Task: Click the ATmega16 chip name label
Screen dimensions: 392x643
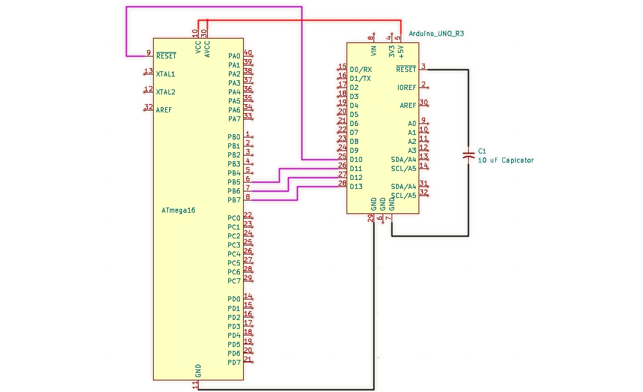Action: pyautogui.click(x=178, y=210)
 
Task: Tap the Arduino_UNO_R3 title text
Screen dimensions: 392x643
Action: pyautogui.click(x=436, y=33)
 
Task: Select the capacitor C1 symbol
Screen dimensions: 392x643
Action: pyautogui.click(x=469, y=154)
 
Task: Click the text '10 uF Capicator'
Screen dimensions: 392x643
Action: pyautogui.click(x=505, y=160)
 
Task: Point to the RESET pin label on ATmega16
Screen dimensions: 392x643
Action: pyautogui.click(x=166, y=56)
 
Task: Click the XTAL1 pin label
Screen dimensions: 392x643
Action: pyautogui.click(x=165, y=74)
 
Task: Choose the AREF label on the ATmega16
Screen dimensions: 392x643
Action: pyautogui.click(x=164, y=110)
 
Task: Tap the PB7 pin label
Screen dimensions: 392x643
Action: pyautogui.click(x=234, y=200)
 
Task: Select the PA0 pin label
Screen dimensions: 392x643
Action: pyautogui.click(x=234, y=56)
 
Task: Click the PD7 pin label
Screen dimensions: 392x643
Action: pyautogui.click(x=234, y=362)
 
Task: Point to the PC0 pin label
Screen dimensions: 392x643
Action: pyautogui.click(x=234, y=218)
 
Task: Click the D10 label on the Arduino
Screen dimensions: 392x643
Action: pyautogui.click(x=356, y=159)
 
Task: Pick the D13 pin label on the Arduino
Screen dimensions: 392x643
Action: pyautogui.click(x=356, y=186)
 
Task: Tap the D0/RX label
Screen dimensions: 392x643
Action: pyautogui.click(x=361, y=69)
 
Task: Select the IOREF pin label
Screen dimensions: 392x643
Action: pyautogui.click(x=406, y=87)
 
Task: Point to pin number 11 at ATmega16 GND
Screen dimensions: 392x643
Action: pyautogui.click(x=195, y=384)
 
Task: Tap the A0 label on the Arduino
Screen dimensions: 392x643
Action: pyautogui.click(x=412, y=123)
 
